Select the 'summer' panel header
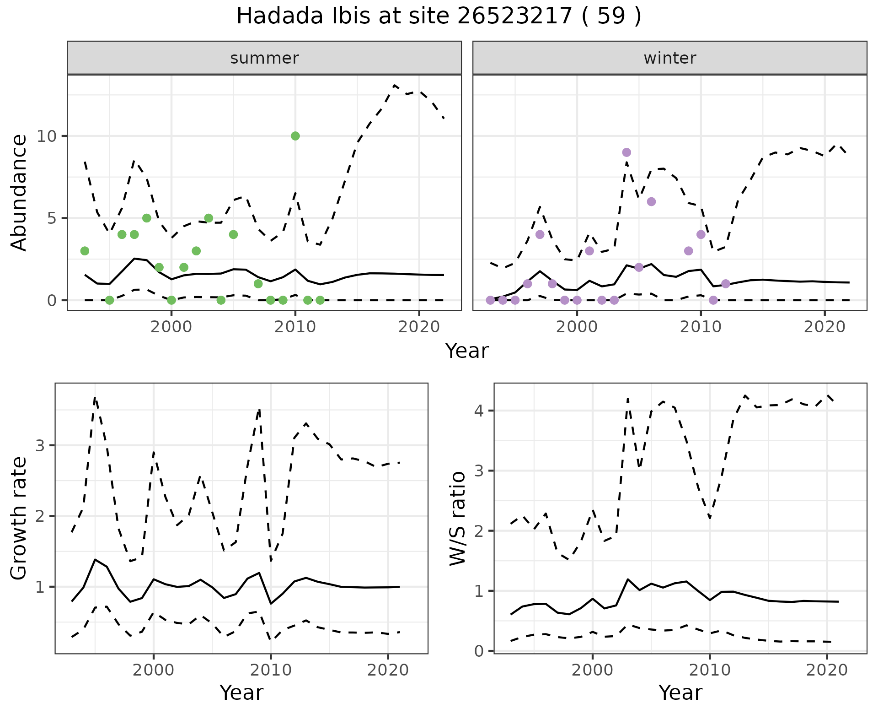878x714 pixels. coord(264,58)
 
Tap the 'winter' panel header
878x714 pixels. coord(669,58)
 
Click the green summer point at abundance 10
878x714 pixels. coord(295,136)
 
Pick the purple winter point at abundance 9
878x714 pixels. coord(626,152)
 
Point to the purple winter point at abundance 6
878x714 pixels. coord(652,202)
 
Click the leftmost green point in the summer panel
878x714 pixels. coord(85,251)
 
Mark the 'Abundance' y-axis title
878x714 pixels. coord(19,193)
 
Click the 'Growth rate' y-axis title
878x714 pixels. coord(19,519)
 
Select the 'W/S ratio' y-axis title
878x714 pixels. coord(458,519)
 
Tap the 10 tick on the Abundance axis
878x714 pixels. coord(47,136)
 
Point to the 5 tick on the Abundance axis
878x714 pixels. coord(51,218)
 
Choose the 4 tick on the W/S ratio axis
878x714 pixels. coord(479,411)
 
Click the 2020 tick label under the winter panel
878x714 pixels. coord(824,327)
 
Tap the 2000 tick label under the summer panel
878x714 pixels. coord(171,327)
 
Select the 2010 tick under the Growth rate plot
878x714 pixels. coord(271,671)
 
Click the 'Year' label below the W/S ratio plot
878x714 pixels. coord(680,693)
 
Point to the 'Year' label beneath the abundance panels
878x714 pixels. coord(467,351)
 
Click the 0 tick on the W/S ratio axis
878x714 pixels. coord(479,651)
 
